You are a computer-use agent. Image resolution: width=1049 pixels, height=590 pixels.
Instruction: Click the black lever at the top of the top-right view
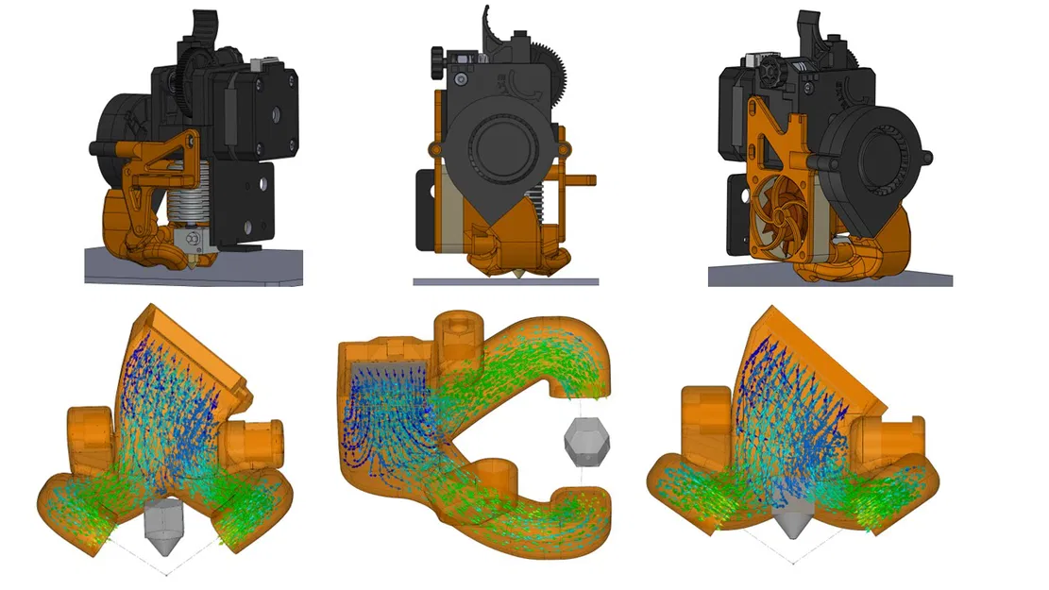point(809,27)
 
